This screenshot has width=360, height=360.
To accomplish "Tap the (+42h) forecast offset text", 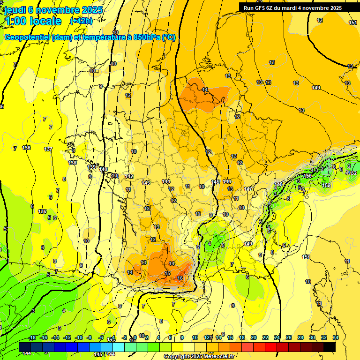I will [81, 21].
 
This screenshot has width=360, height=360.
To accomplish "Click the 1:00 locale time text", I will [33, 21].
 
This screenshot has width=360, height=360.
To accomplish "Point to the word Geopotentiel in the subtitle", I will [27, 37].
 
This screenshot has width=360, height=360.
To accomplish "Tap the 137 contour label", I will [48, 149].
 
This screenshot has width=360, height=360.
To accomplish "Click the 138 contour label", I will [72, 163].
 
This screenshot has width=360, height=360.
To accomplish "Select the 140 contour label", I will [103, 169].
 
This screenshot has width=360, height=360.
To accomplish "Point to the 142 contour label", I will [129, 176].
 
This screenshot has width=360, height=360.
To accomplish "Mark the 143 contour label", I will [146, 182].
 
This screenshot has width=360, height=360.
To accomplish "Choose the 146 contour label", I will [227, 181].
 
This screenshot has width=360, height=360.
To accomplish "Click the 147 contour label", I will [248, 189].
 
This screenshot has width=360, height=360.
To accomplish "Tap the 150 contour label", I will [307, 176].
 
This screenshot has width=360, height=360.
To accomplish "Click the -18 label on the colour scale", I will [32, 337].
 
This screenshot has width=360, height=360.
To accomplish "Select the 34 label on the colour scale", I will [336, 337].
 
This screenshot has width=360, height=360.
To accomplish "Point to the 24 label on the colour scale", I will [277, 337].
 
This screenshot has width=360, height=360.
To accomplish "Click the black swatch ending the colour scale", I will [329, 347].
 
